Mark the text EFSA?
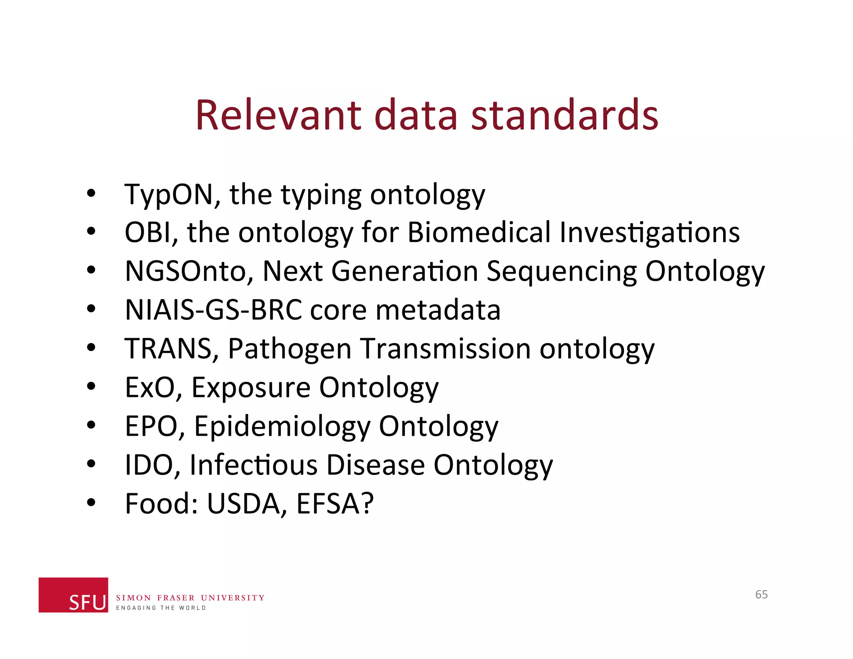[335, 504]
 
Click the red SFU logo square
[73, 594]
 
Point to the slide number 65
[761, 594]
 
